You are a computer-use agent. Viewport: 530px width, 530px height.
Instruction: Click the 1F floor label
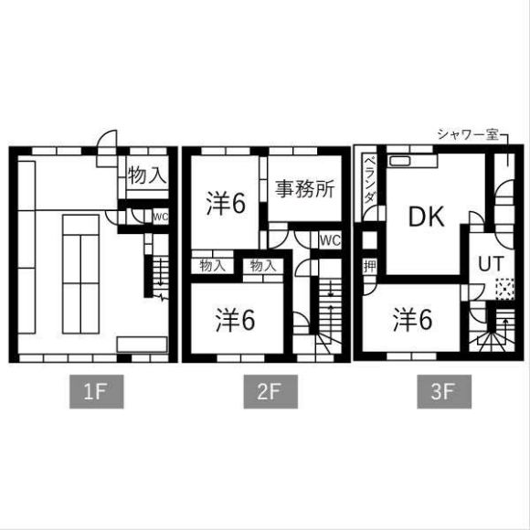96,391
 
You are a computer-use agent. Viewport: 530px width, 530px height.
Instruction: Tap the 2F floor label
270,391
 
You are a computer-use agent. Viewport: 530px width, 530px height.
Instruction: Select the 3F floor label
444,391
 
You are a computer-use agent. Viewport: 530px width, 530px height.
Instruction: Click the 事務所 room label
304,189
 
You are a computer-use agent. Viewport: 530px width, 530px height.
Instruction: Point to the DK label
426,217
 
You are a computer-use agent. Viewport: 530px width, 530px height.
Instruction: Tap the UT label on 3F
491,264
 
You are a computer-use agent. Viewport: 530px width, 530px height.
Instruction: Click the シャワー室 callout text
468,135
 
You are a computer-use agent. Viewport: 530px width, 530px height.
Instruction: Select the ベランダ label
370,179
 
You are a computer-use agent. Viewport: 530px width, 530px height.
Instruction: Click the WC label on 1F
161,217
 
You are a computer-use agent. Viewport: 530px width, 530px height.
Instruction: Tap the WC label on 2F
330,240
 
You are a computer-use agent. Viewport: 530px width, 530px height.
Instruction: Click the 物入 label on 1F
147,175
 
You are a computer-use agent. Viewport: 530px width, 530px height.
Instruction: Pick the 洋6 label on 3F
413,320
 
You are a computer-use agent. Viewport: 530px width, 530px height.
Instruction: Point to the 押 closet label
370,267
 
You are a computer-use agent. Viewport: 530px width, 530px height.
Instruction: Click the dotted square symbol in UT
504,289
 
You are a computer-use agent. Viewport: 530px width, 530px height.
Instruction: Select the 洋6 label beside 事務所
226,204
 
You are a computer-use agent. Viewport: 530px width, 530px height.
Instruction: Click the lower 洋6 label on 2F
235,320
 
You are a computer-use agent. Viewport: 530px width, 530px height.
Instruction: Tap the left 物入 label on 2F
212,266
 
